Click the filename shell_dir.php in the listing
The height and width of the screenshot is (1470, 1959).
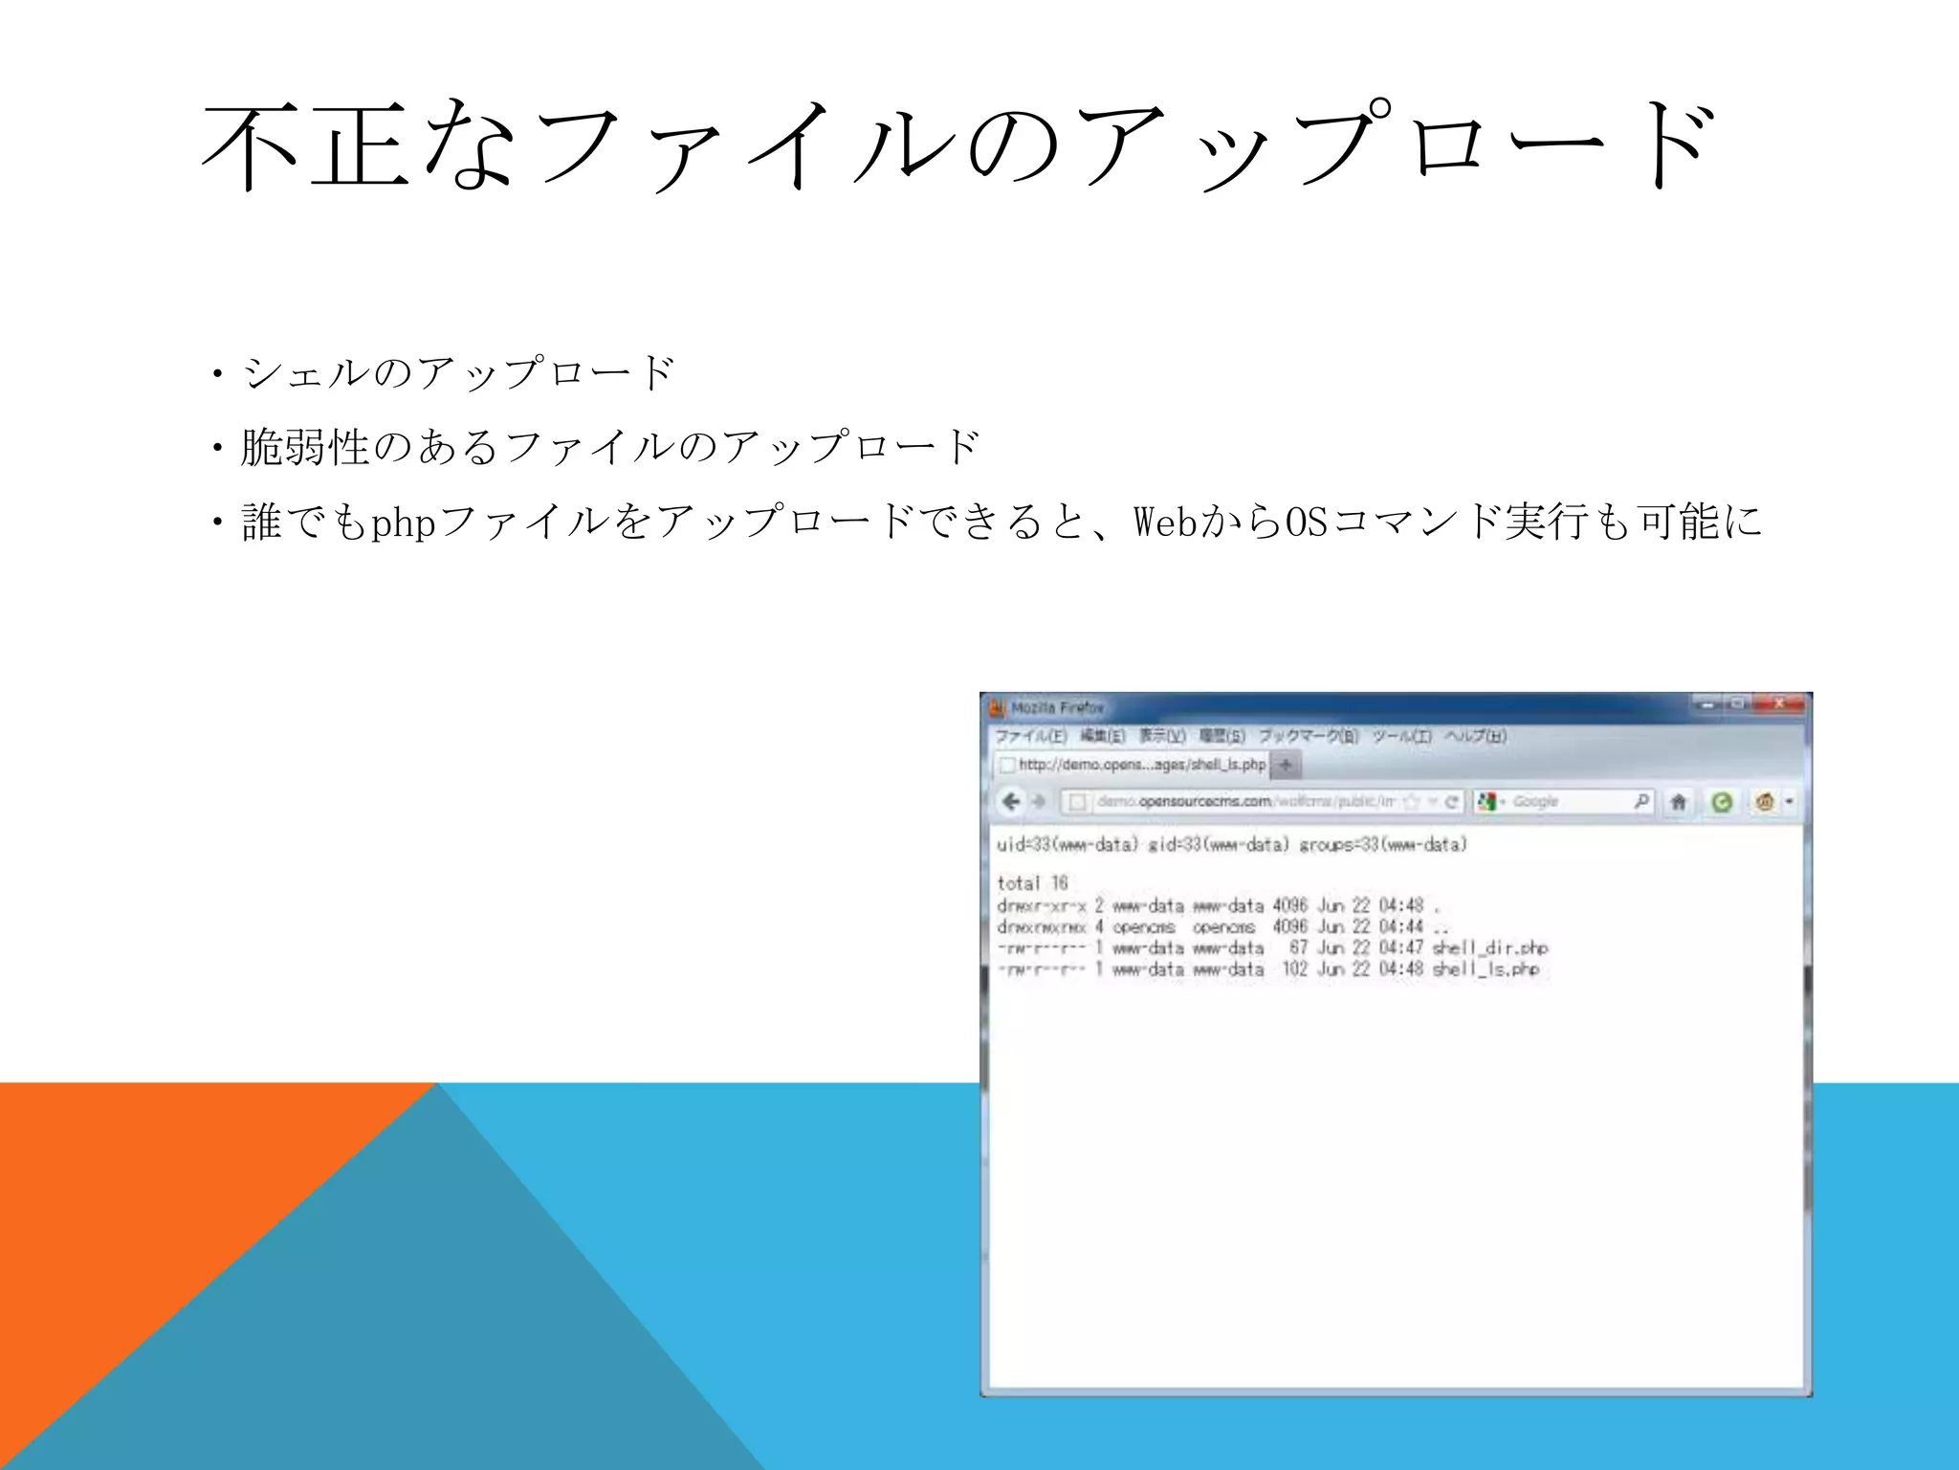[x=1489, y=947]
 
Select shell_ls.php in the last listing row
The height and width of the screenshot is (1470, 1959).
[x=1486, y=969]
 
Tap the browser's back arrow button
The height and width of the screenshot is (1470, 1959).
[x=1011, y=801]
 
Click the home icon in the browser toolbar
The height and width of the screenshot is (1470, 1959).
[x=1678, y=802]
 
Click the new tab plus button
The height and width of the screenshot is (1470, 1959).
[x=1286, y=765]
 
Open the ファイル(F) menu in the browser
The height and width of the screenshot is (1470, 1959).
[x=1030, y=736]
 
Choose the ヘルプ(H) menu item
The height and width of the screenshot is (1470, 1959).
[x=1475, y=736]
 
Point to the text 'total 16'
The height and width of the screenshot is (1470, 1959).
[x=1032, y=882]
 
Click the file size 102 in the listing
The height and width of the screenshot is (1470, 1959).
[x=1294, y=969]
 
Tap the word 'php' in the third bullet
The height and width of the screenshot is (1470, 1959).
[x=403, y=523]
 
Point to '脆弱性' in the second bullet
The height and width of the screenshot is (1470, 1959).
[x=305, y=447]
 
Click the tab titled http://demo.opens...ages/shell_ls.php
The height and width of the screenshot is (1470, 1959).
[x=1134, y=765]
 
